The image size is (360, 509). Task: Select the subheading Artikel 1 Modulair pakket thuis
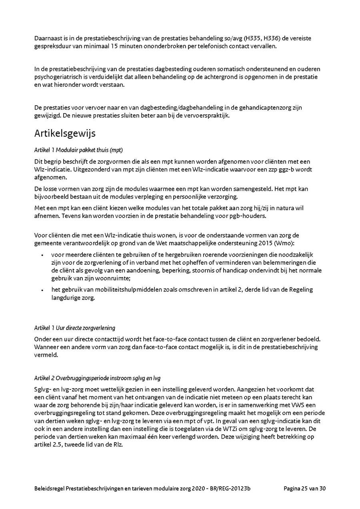pyautogui.click(x=78, y=150)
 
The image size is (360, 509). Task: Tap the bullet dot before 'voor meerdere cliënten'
pyautogui.click(x=42, y=255)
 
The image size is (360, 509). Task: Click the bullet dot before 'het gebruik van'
pyautogui.click(x=42, y=290)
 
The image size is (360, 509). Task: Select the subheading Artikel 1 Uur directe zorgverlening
pyautogui.click(x=74, y=328)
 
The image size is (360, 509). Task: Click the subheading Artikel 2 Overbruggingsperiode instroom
pyautogui.click(x=97, y=378)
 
